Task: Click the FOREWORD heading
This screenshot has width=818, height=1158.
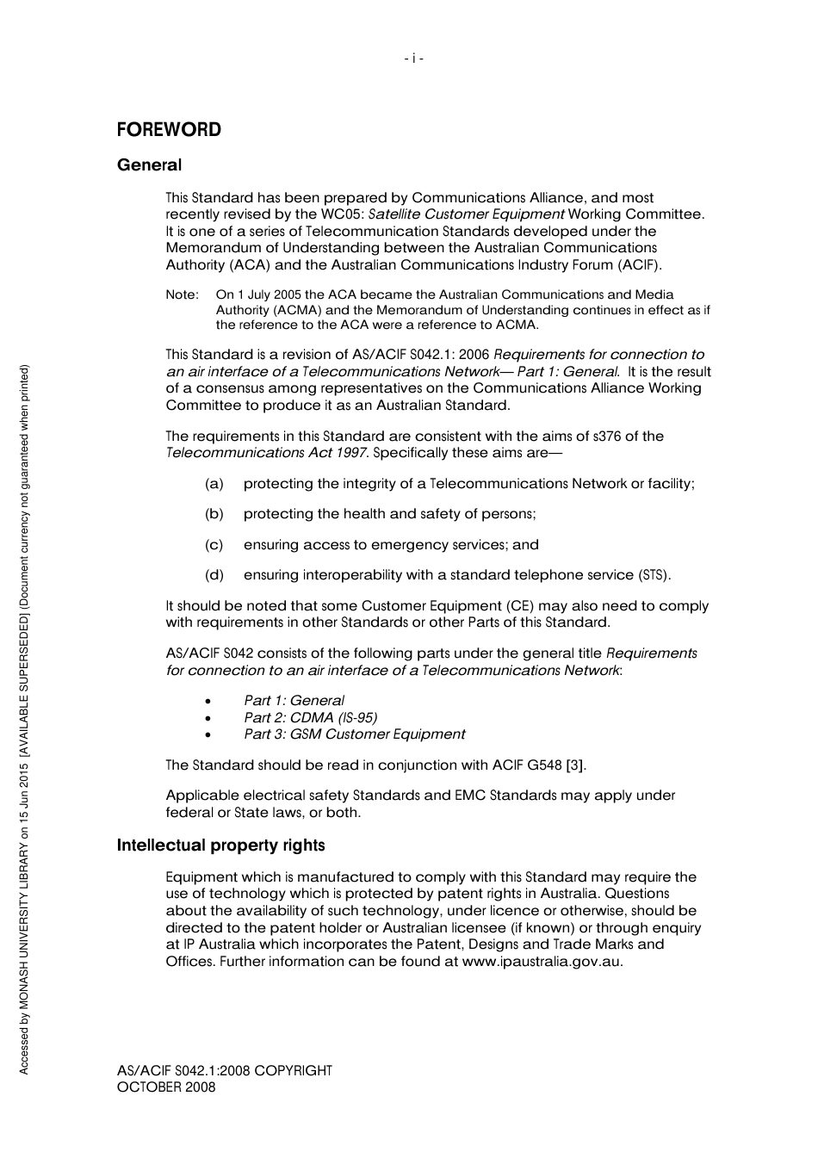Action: (169, 130)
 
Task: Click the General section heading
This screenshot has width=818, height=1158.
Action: (149, 164)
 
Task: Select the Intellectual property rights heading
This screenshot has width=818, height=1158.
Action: (220, 845)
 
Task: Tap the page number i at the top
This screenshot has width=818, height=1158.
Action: (413, 59)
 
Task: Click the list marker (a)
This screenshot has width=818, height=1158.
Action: (214, 484)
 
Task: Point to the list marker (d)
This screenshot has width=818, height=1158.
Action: (214, 575)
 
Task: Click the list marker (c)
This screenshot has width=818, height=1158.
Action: (214, 545)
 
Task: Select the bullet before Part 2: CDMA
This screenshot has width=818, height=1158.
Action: (208, 718)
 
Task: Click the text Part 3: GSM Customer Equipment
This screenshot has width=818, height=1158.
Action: (354, 734)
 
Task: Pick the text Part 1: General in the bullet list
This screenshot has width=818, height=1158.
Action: (294, 701)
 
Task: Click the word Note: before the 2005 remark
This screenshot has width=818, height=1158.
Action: (182, 295)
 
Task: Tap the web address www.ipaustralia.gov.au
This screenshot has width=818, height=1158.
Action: (542, 962)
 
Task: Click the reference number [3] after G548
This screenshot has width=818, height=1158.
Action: (576, 765)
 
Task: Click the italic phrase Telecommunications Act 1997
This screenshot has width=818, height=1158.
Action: (266, 453)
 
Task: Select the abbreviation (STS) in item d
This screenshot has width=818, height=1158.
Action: (654, 575)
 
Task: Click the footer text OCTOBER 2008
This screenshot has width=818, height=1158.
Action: (166, 1087)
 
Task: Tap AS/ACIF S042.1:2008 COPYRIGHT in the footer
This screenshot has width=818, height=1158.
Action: (224, 1071)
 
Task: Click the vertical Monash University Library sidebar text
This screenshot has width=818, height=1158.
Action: (24, 719)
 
